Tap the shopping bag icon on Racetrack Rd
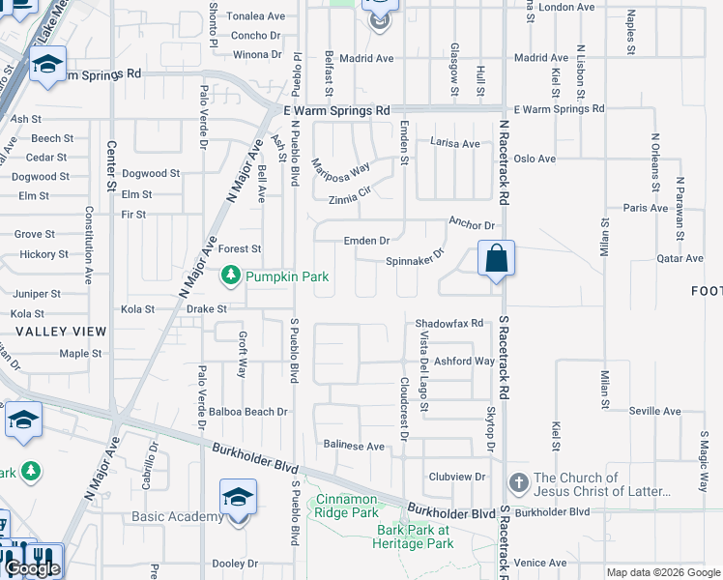point(496,259)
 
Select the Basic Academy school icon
point(237,498)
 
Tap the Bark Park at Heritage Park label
point(414,536)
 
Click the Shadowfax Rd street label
point(448,323)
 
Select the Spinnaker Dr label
point(414,258)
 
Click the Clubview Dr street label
point(456,477)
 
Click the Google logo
point(32,568)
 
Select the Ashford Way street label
point(465,361)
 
